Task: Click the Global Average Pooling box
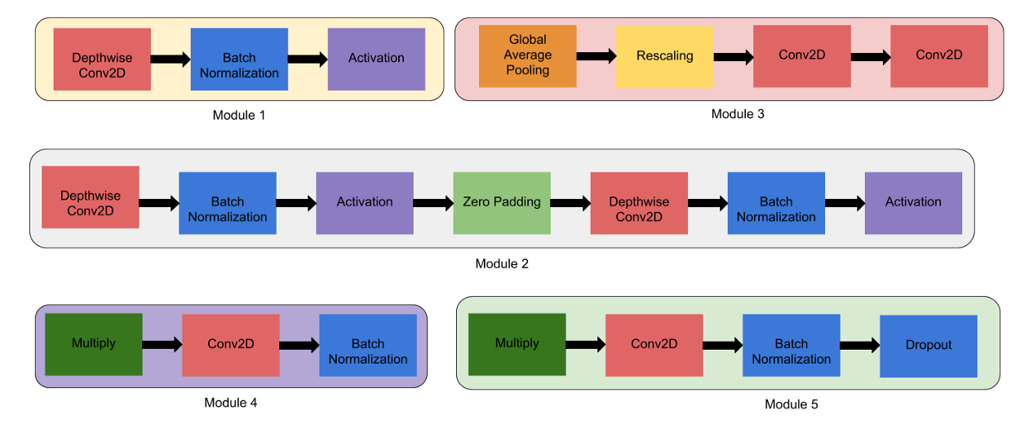coord(527,56)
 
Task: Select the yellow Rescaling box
coord(665,56)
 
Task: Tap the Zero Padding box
coord(502,203)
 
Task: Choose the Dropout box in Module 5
coord(929,346)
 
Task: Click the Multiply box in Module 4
coord(94,344)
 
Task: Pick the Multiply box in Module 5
coord(517,344)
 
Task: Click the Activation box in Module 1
coord(376,60)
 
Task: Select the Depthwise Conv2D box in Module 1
coord(102,60)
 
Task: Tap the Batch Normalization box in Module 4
coord(368,345)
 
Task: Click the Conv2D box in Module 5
coord(654,345)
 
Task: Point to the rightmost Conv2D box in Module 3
coord(939,56)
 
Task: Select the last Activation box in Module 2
coord(913,203)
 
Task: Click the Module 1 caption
coord(238,115)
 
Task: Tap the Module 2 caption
coord(502,264)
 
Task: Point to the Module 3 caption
coord(738,113)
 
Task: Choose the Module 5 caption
coord(792,404)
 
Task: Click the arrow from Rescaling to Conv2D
coord(734,57)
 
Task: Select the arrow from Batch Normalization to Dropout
coord(860,346)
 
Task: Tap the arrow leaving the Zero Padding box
coord(570,203)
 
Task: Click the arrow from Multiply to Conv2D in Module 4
coord(162,345)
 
